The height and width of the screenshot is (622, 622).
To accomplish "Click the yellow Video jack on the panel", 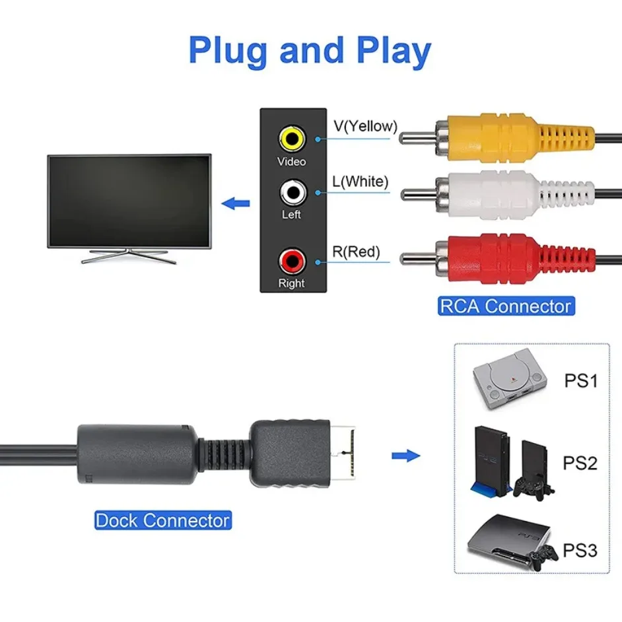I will (x=291, y=139).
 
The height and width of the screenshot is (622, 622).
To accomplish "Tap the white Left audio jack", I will (x=291, y=193).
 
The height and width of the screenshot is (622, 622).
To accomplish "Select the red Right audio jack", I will (x=291, y=260).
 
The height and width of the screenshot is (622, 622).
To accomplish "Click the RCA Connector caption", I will (x=505, y=306).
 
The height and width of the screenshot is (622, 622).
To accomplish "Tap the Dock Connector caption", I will (x=162, y=520).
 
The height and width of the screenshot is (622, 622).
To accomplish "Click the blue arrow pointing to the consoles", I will (x=406, y=456).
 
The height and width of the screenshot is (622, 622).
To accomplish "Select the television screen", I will (x=129, y=200).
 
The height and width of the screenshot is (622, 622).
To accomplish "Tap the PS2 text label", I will (x=580, y=463).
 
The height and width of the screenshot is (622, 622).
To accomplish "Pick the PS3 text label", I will (x=580, y=549).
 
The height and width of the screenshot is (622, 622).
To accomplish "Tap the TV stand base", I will (x=129, y=258).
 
